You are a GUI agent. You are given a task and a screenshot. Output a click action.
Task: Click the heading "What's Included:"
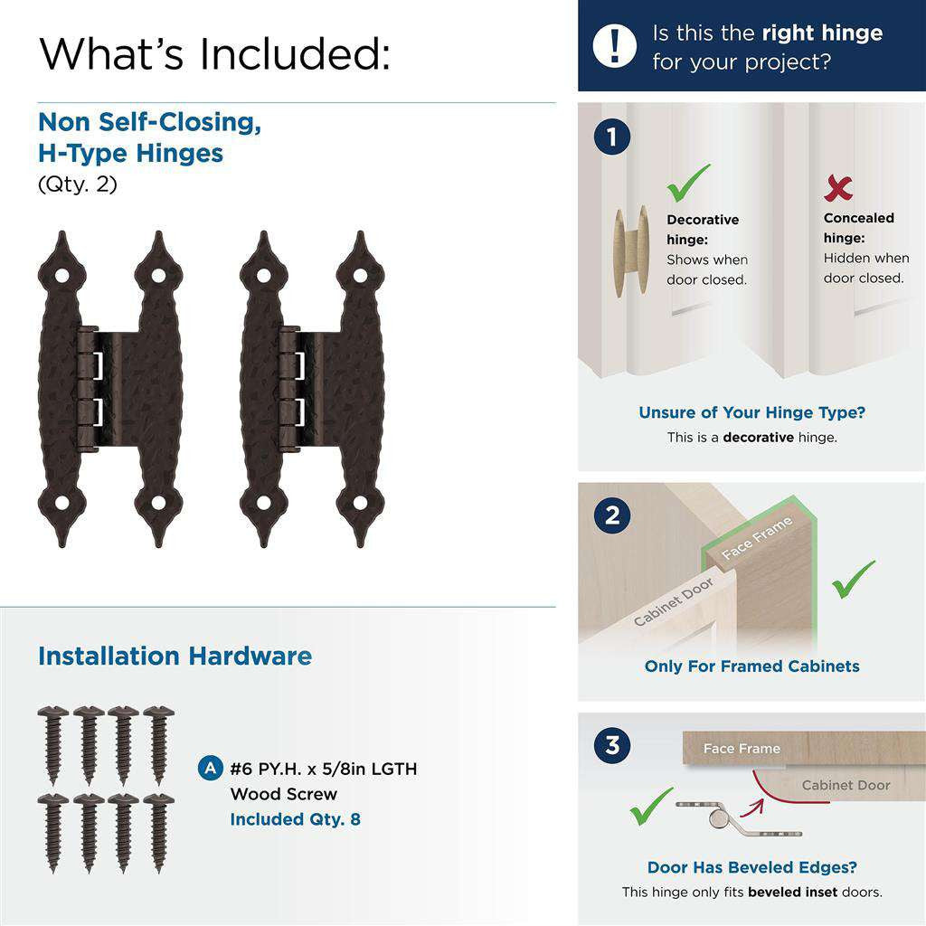coord(214,54)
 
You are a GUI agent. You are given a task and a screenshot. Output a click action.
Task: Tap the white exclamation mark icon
coord(615,45)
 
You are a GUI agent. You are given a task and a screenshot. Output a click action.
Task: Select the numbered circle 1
coord(612,137)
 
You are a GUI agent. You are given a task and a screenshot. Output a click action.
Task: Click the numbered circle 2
coord(612,515)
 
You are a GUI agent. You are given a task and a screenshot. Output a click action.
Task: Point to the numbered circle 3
coord(612,746)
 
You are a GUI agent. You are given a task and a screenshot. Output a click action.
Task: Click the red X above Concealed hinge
coord(838,188)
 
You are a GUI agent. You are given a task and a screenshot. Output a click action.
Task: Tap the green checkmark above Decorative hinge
coord(688,183)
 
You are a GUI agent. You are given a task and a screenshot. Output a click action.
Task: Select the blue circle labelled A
coord(209,769)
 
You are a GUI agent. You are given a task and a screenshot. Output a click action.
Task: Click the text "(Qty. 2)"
coord(77,184)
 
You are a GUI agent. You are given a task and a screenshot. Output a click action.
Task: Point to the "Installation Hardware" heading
coord(175,656)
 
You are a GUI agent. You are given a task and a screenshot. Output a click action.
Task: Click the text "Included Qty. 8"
coord(295,819)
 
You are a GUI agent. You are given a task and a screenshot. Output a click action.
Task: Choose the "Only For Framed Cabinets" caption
coord(751,666)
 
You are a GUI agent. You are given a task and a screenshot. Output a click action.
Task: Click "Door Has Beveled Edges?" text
coord(751,867)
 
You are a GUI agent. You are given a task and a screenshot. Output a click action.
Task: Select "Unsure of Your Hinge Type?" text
coord(751,412)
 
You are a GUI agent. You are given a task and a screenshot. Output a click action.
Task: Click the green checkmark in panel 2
coord(853,580)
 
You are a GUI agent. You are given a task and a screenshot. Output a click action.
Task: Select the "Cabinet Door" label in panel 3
coord(846,785)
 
